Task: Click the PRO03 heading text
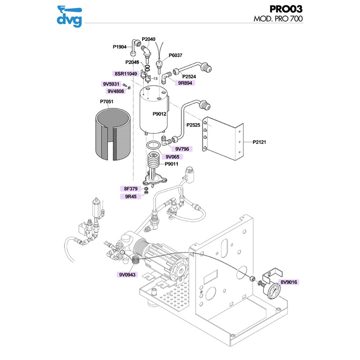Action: pyautogui.click(x=286, y=9)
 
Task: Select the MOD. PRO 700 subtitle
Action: pyautogui.click(x=278, y=19)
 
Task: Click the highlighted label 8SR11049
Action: pyautogui.click(x=125, y=73)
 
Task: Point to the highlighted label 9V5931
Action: pyautogui.click(x=110, y=84)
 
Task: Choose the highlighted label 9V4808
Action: pyautogui.click(x=116, y=91)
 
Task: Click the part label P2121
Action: pyautogui.click(x=260, y=142)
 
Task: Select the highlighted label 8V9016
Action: pyautogui.click(x=290, y=282)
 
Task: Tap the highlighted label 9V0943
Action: pyautogui.click(x=128, y=274)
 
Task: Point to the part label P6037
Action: pyautogui.click(x=175, y=55)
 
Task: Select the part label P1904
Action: pyautogui.click(x=120, y=46)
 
